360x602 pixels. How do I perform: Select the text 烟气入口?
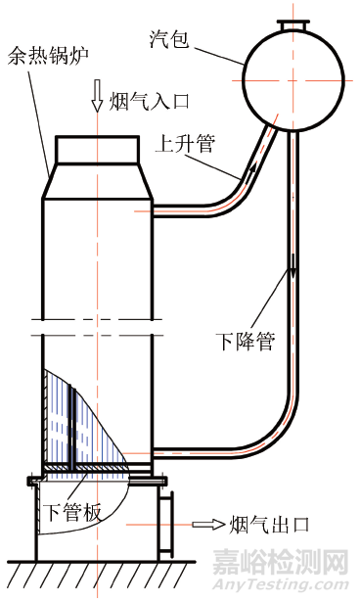pyautogui.click(x=145, y=99)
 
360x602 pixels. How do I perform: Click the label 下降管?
pyautogui.click(x=245, y=342)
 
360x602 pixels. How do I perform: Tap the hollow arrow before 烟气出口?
pyautogui.click(x=207, y=525)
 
